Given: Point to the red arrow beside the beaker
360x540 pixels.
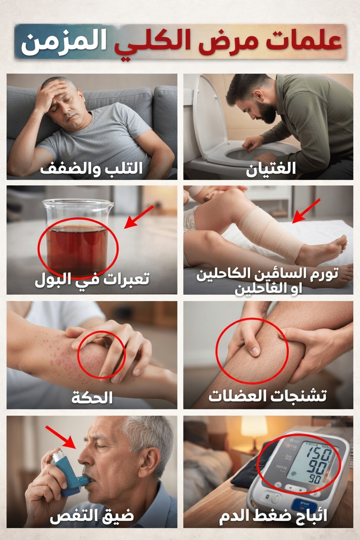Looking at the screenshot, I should coord(138,216).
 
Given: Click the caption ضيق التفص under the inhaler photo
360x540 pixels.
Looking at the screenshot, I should coord(92,516).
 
